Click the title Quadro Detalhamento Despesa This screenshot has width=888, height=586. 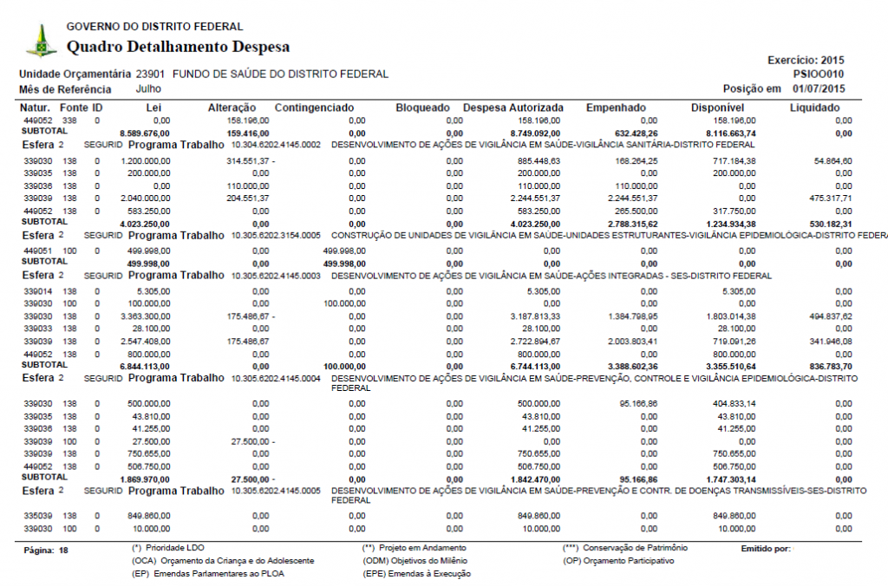[x=178, y=47]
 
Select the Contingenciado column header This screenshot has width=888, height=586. [x=314, y=107]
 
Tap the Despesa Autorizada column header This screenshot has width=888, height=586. [x=513, y=107]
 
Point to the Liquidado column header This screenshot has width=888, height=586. [x=814, y=107]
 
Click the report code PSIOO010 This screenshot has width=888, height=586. [x=819, y=75]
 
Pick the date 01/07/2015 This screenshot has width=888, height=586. [x=819, y=88]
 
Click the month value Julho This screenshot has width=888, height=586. [x=149, y=88]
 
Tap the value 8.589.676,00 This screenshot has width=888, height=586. [x=144, y=133]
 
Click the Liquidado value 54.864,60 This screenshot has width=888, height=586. [x=821, y=161]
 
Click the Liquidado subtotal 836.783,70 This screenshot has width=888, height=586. [x=821, y=367]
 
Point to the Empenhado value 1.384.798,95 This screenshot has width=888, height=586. [x=632, y=317]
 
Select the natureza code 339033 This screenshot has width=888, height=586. [x=38, y=329]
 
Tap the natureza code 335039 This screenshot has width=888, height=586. [x=38, y=516]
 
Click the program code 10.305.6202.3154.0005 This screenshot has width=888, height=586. [x=276, y=235]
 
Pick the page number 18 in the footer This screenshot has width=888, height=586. [x=63, y=550]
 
